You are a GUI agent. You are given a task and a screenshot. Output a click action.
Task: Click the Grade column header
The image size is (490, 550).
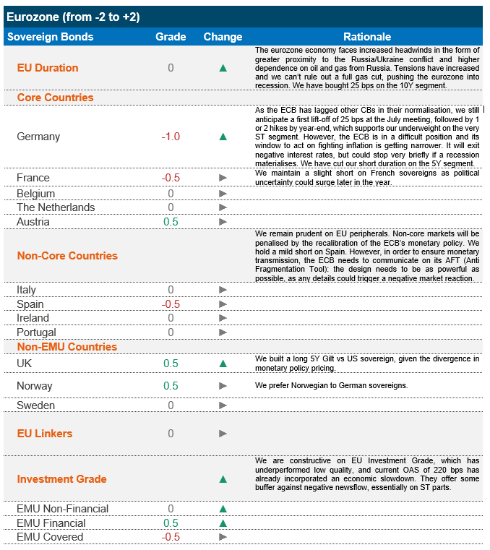click(171, 37)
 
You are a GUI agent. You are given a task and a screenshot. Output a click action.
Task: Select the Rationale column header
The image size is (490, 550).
click(367, 37)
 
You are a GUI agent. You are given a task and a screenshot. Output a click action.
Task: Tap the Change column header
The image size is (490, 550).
click(223, 37)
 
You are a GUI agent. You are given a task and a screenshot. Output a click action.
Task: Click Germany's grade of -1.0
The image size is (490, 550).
click(171, 137)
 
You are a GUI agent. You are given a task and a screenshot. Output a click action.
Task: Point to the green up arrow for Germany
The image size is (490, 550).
click(223, 137)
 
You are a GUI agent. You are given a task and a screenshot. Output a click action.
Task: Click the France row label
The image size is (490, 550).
click(33, 178)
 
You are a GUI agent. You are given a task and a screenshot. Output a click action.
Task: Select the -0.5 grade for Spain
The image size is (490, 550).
click(171, 304)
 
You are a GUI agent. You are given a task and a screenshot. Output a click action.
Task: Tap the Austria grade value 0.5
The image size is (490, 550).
click(171, 222)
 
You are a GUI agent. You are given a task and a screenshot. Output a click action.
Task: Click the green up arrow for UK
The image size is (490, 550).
click(223, 364)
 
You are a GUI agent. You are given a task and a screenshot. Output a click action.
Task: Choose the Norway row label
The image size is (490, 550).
click(35, 386)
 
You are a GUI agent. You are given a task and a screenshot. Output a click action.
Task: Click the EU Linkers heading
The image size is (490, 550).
click(45, 434)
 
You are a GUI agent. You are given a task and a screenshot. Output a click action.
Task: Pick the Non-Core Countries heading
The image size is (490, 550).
click(67, 256)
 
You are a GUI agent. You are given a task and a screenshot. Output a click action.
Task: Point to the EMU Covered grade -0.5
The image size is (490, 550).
click(171, 537)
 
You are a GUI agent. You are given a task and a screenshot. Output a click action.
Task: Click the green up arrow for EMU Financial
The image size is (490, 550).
click(223, 523)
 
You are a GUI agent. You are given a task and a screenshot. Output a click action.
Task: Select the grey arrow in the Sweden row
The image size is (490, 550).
click(223, 405)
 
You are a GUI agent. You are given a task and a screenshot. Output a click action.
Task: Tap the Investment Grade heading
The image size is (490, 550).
click(61, 479)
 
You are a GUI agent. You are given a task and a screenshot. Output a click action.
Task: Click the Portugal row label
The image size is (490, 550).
click(36, 332)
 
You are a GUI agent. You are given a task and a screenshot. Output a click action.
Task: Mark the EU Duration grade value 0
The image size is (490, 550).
click(171, 68)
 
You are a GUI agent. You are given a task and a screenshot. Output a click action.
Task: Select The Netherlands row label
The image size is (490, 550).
click(56, 207)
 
